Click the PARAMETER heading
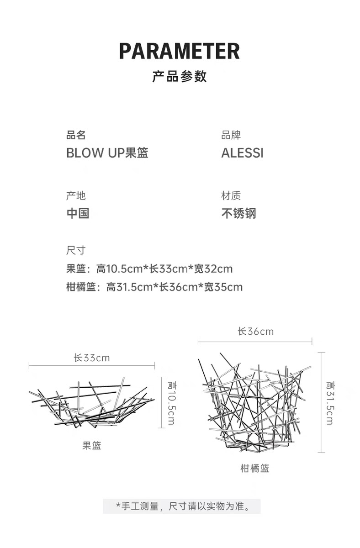(x=180, y=51)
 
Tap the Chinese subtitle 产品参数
(x=180, y=76)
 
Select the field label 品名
(x=76, y=135)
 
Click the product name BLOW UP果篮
(x=107, y=153)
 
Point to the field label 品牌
(x=231, y=135)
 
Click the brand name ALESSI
(x=242, y=153)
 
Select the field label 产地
(x=76, y=196)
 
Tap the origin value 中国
(x=78, y=213)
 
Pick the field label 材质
(x=231, y=196)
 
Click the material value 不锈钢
(x=238, y=213)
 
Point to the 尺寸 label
(x=76, y=250)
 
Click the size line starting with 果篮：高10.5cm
(x=149, y=269)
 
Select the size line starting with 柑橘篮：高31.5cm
(x=154, y=287)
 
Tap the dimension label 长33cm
(x=92, y=358)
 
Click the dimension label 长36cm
(x=255, y=332)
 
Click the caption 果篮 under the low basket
(x=92, y=446)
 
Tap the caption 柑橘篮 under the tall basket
(x=255, y=469)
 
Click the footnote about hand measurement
(x=182, y=506)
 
